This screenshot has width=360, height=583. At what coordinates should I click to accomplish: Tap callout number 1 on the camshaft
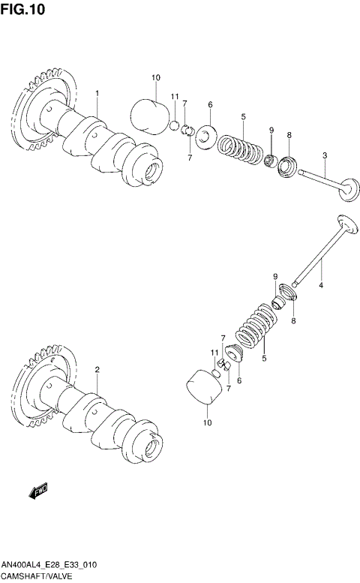click(97, 93)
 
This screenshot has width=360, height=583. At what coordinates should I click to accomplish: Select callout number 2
click(97, 370)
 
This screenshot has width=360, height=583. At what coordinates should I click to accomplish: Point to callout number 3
click(325, 155)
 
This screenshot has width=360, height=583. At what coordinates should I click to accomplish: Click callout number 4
click(320, 286)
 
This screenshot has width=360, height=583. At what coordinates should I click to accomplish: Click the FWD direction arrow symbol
click(38, 491)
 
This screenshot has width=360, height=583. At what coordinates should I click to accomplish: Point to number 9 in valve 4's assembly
click(275, 277)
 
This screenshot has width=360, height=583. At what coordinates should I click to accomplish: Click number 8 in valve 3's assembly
click(289, 134)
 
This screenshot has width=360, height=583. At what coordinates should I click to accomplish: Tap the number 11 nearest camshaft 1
click(174, 97)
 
